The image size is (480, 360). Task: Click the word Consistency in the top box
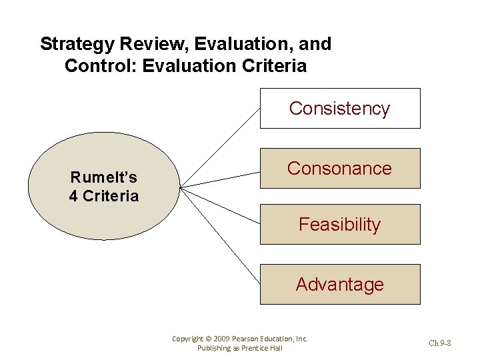pos(339,109)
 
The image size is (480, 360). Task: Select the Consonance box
pos(339,168)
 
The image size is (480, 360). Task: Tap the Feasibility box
pos(339,225)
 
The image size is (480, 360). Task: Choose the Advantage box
pos(339,285)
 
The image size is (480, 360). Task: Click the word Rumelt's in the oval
pos(104,177)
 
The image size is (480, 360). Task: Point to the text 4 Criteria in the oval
pos(104,196)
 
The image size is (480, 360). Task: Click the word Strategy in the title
pos(77,45)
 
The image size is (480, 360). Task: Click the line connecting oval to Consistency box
pos(220,147)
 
